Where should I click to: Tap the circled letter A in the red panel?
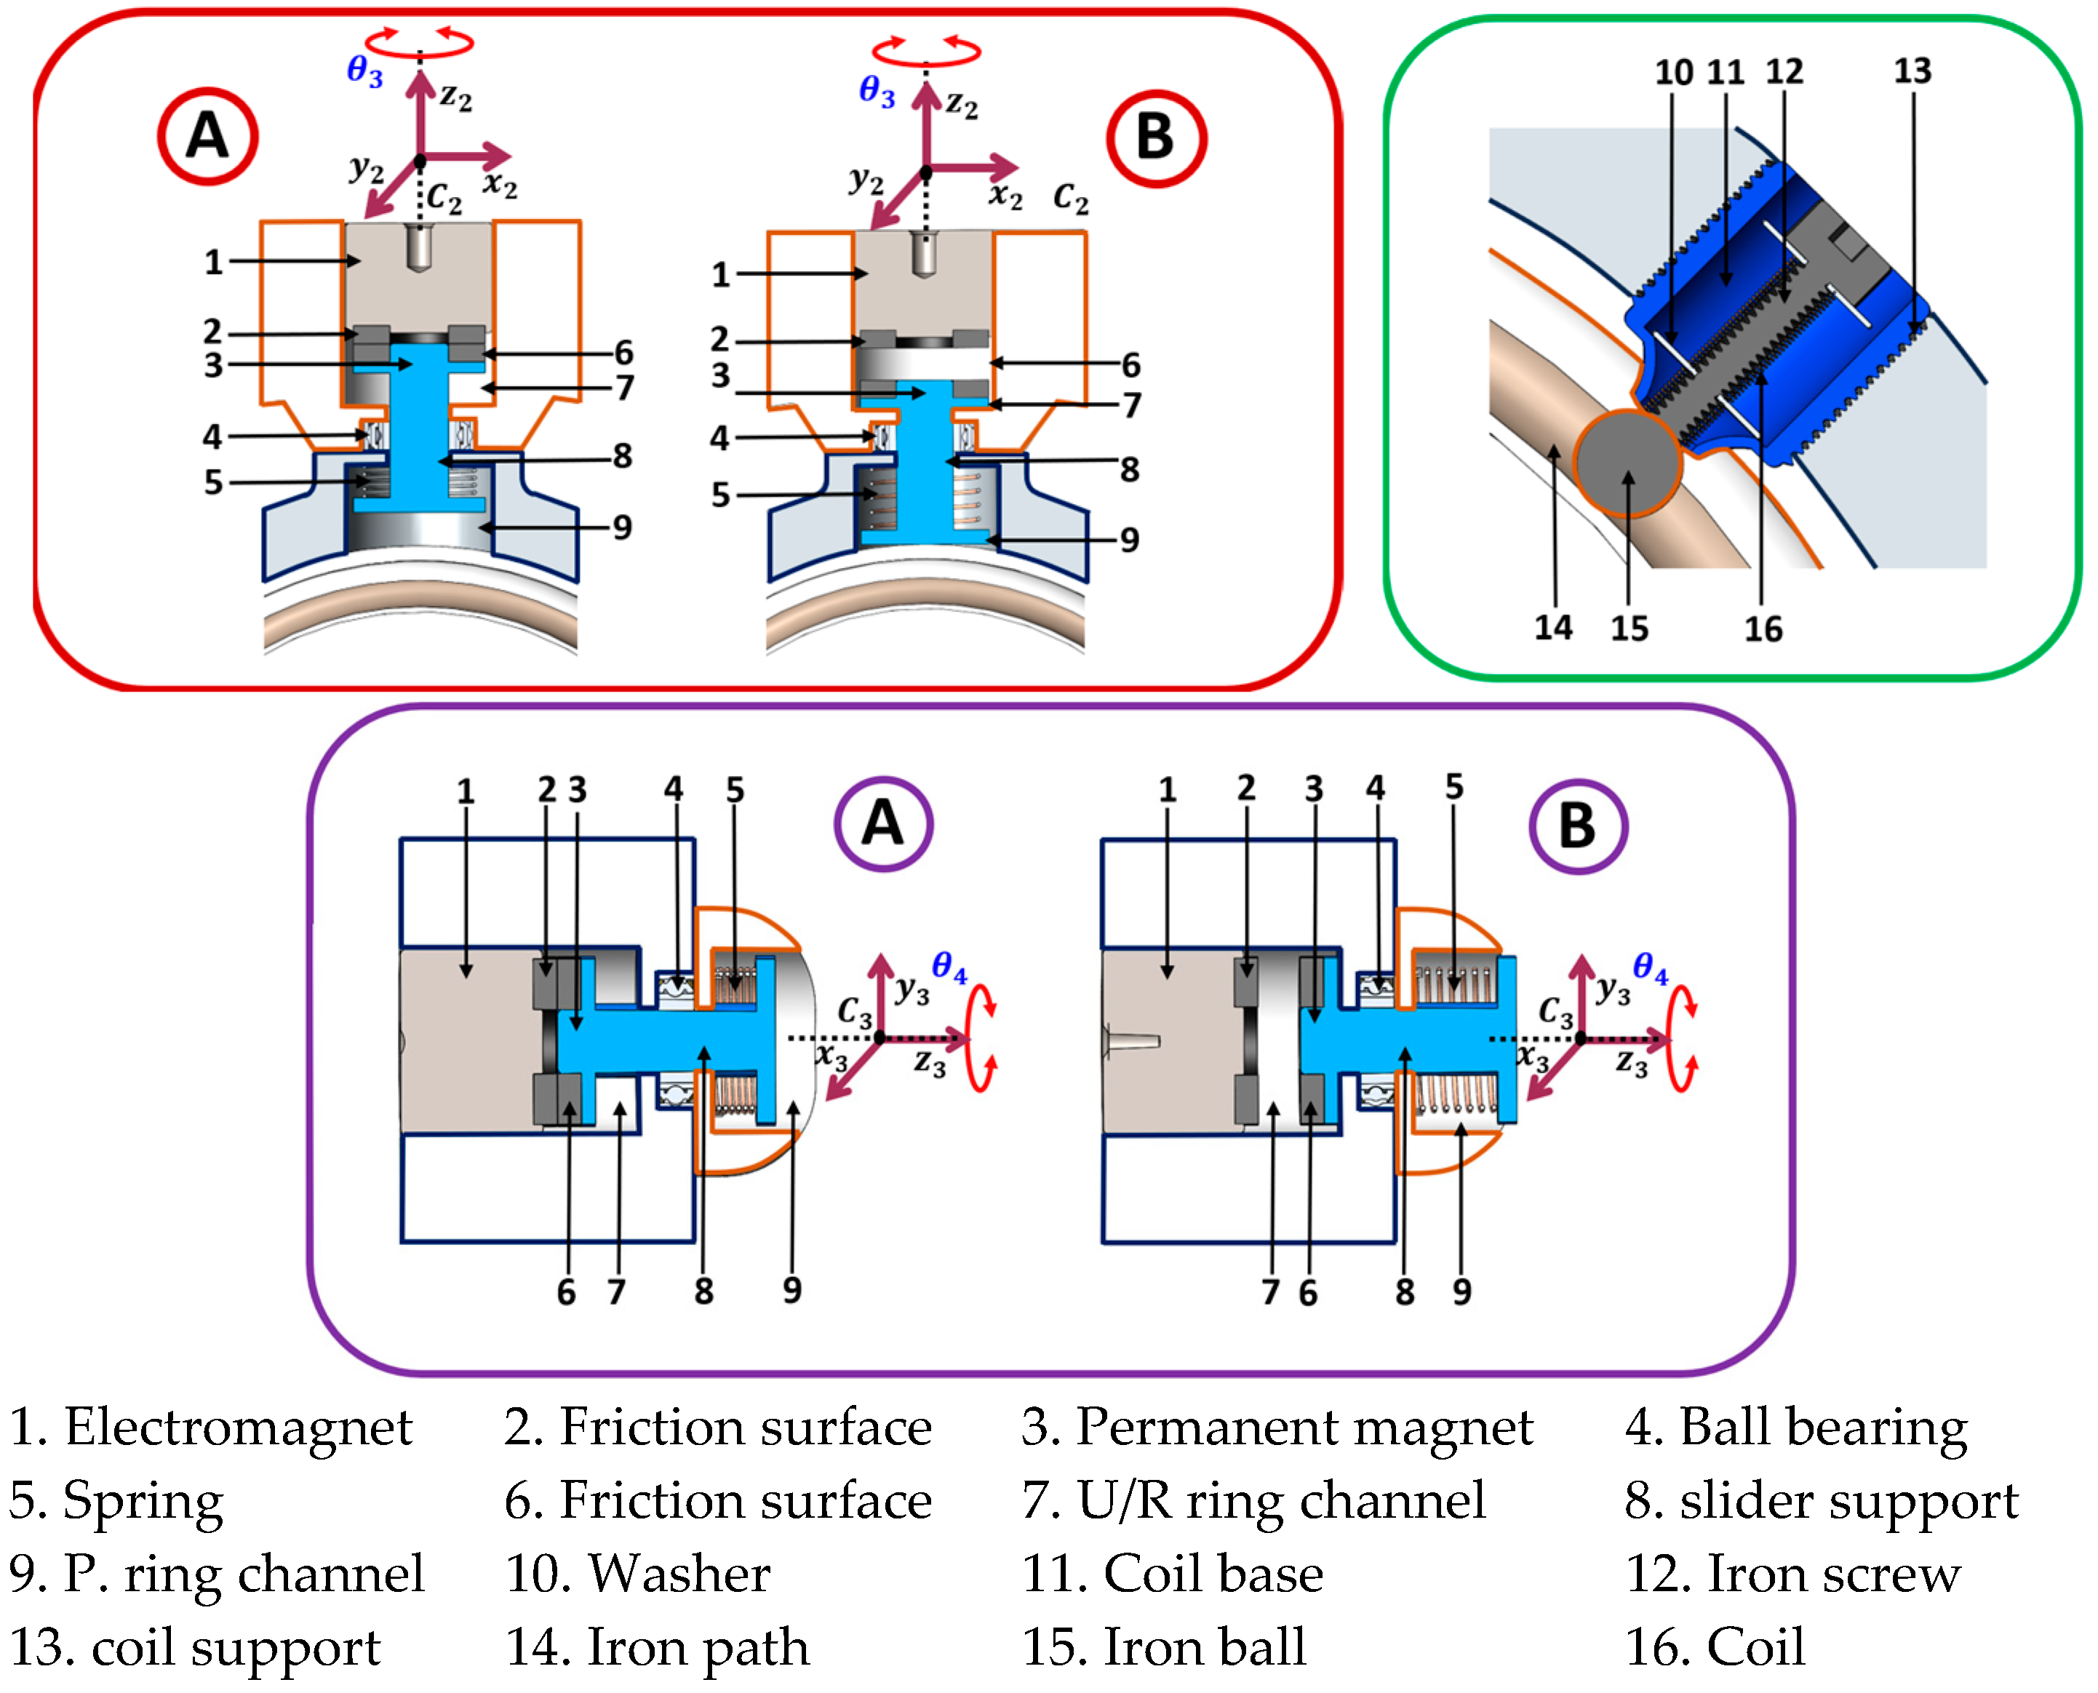208,137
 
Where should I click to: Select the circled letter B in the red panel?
1156,138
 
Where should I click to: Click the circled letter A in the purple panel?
882,824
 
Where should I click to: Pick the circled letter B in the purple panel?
1577,826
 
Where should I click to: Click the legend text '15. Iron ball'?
1164,1647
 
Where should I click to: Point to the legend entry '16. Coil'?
1715,1647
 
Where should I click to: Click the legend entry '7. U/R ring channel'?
1253,1501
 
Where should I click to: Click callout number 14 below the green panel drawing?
1554,627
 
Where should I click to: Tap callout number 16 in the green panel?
1763,629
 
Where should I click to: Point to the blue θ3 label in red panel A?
364,71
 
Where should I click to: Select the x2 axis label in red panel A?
500,183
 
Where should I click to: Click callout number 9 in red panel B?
1130,540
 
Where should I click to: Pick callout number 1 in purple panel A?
466,791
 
